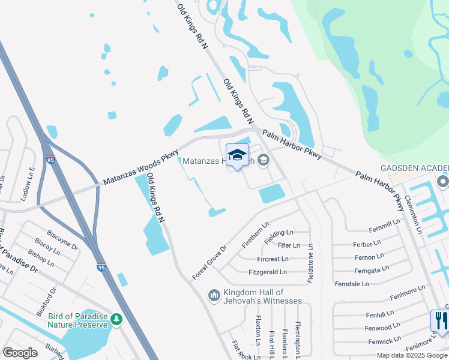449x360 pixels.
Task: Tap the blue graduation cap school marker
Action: coord(237,156)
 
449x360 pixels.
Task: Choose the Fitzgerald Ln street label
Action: coord(267,272)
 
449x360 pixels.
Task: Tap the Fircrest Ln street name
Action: coord(272,259)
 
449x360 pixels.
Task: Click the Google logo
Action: coord(20,352)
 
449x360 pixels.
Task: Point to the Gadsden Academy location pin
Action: coord(443,181)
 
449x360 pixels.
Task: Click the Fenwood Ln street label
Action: coord(382,328)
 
